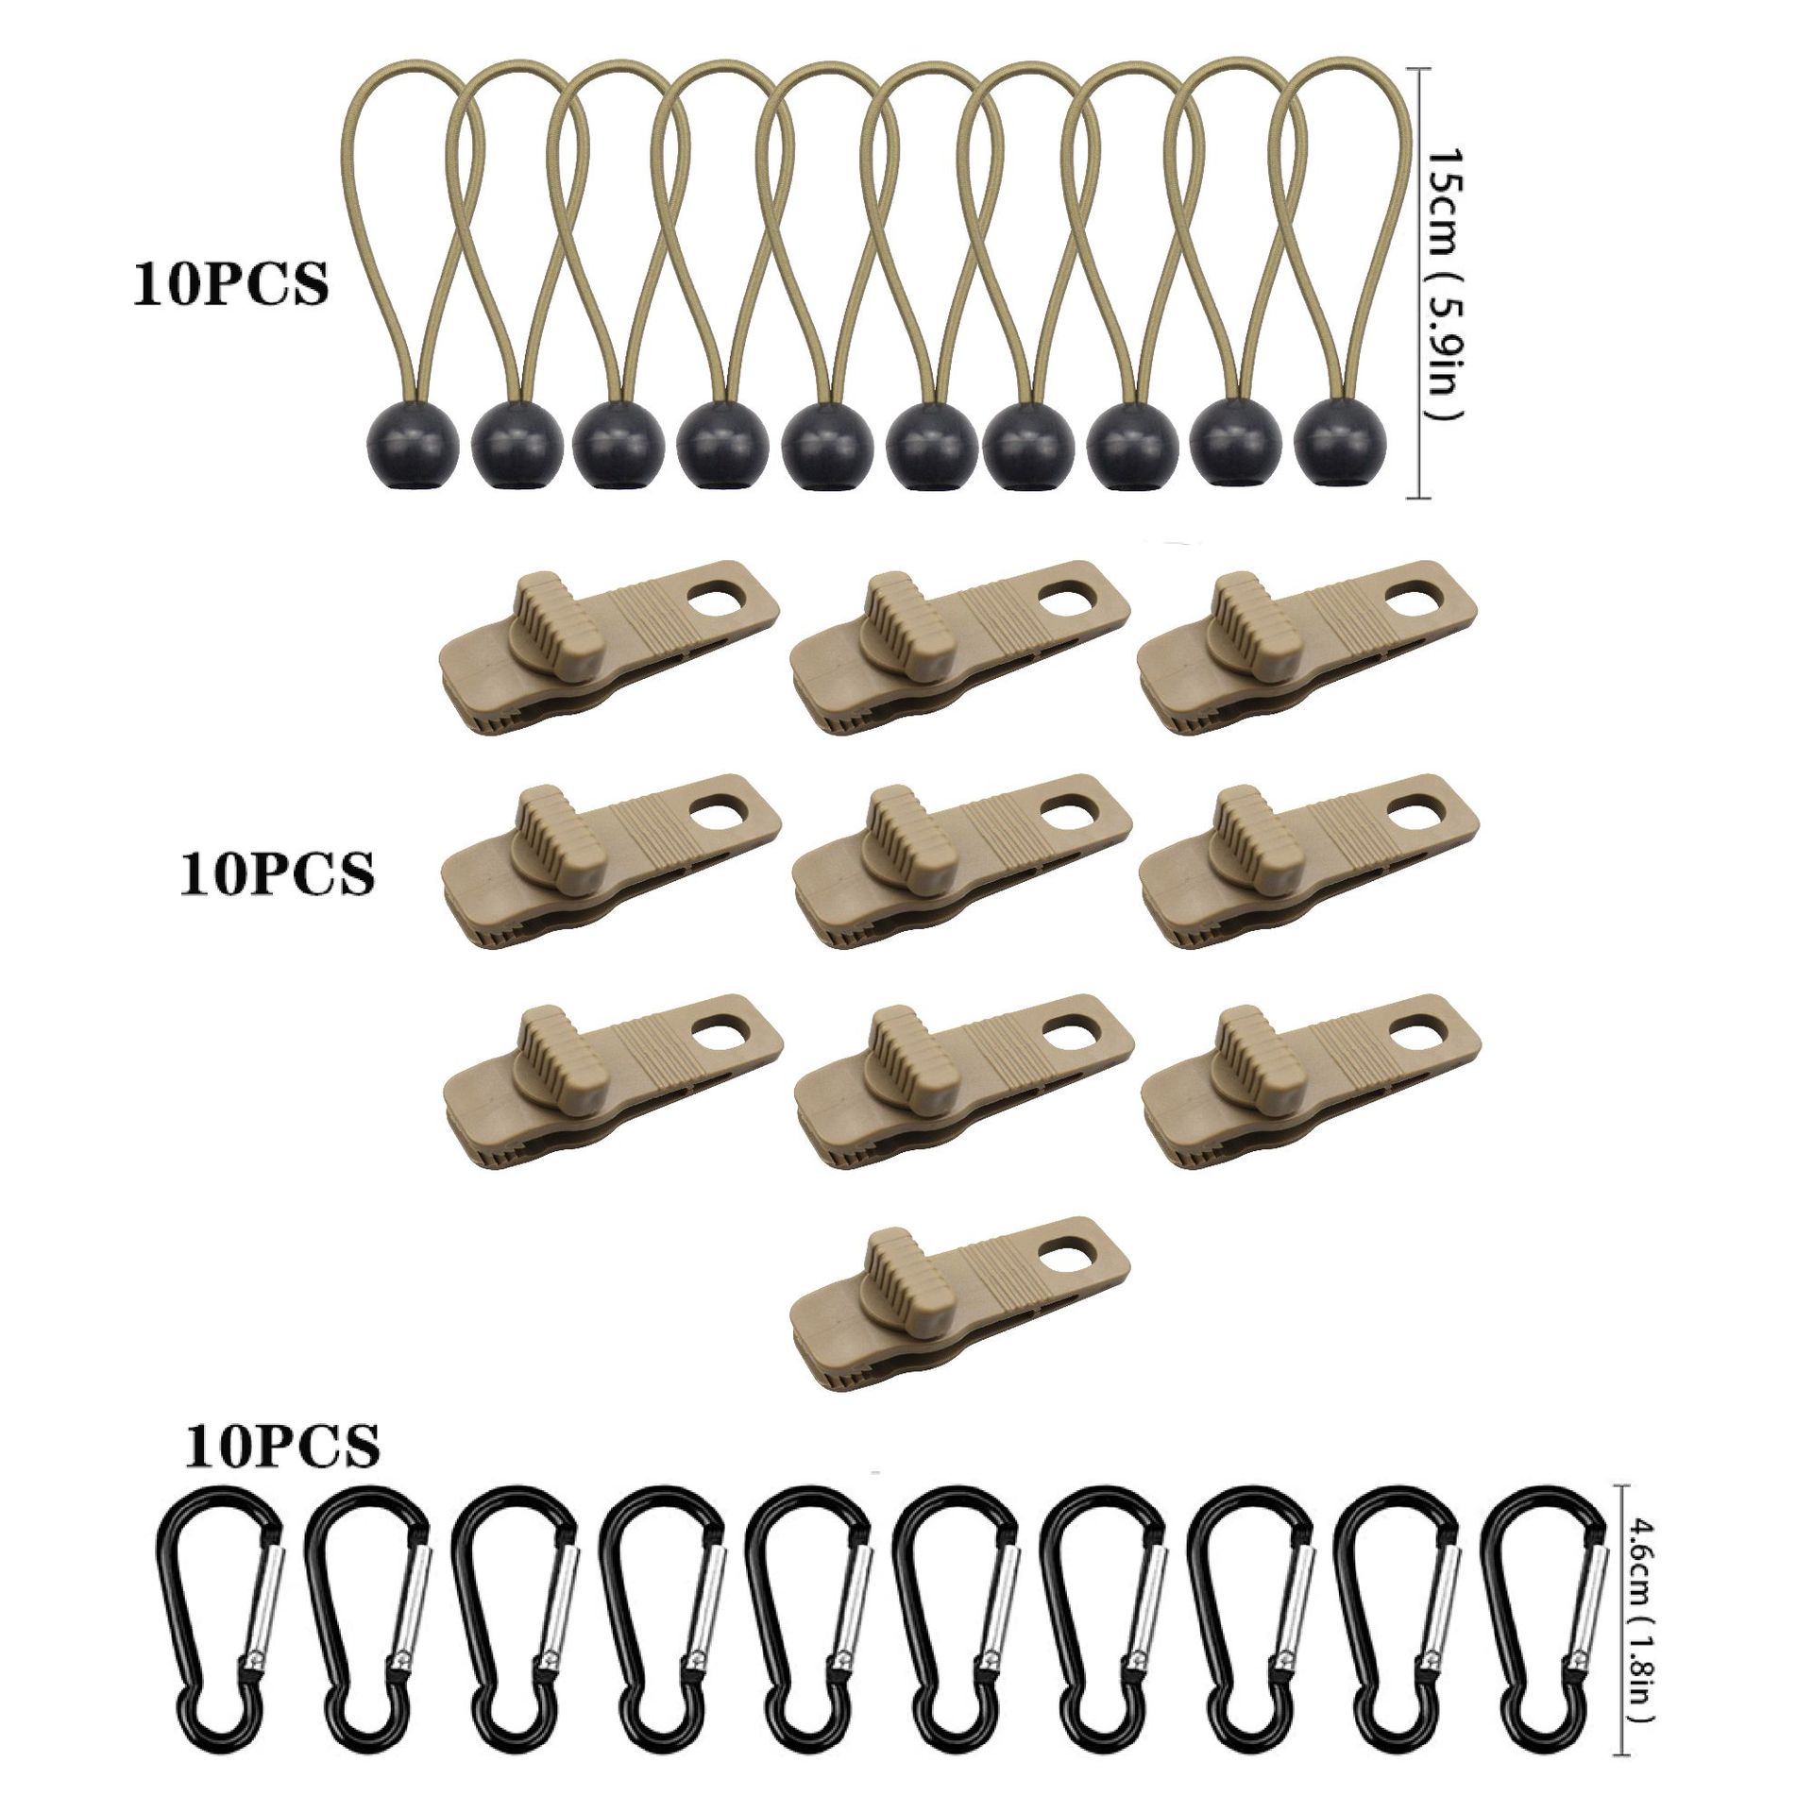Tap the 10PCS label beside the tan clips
click(276, 873)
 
